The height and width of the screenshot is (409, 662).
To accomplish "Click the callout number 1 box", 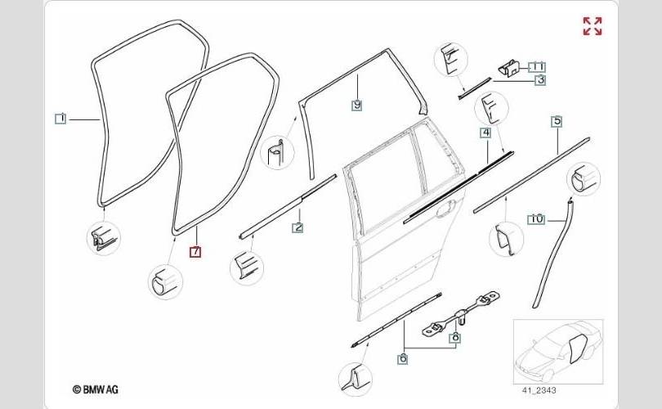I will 60,118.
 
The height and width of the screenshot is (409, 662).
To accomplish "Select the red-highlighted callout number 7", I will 195,252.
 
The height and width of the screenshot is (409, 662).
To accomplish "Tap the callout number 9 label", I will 357,105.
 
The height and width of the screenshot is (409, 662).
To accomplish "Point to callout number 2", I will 297,227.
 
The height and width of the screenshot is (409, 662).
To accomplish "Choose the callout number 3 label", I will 540,79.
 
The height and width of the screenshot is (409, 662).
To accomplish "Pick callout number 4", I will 485,132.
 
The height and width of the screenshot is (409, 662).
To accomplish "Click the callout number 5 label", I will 557,121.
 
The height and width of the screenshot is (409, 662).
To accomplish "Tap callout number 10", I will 535,218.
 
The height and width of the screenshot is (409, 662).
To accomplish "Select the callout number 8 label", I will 455,336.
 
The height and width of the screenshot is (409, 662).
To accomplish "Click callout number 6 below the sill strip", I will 402,357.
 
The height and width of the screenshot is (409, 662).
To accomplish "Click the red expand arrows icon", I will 592,26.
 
